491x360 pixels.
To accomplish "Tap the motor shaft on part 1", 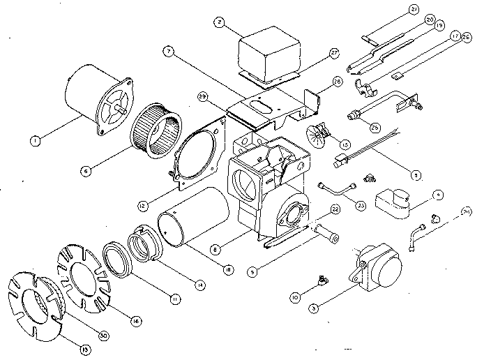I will pos(123,110).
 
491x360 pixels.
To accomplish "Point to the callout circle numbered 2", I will pos(220,22).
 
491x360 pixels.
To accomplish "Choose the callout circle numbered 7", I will pos(169,51).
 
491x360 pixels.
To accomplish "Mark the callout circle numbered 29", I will pos(202,95).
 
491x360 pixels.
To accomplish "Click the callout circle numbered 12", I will pos(142,206).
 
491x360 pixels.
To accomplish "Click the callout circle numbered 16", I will pos(135,320).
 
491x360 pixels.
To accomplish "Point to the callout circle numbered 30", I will pos(103,336).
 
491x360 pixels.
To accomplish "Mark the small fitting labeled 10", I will pos(321,280).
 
